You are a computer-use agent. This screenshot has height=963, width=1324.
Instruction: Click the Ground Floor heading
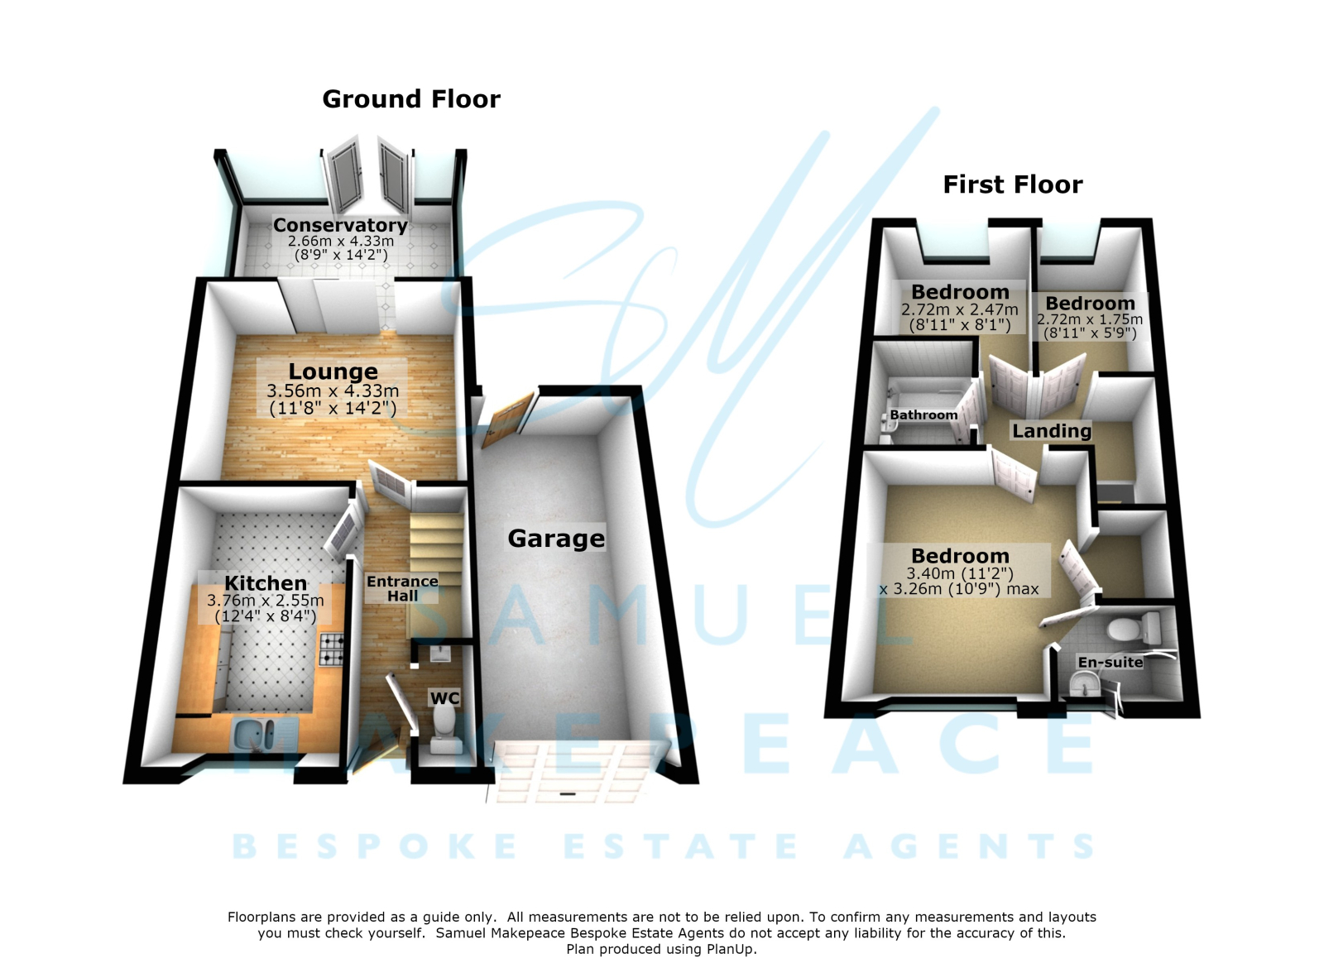tap(411, 99)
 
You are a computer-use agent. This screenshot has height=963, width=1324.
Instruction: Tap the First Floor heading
tap(1013, 185)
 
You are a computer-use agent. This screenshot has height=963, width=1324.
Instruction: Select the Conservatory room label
tap(340, 225)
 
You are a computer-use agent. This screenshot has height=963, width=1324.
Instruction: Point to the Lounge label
tap(333, 371)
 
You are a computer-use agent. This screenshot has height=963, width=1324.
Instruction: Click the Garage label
tap(556, 539)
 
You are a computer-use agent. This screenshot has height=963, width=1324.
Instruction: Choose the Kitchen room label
tap(266, 583)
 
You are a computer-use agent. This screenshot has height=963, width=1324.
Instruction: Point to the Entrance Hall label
tap(402, 588)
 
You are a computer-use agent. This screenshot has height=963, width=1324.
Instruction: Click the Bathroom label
tap(923, 415)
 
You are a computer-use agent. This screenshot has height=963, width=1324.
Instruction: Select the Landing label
tap(1052, 431)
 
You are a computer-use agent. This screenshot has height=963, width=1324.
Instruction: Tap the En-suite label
tap(1110, 663)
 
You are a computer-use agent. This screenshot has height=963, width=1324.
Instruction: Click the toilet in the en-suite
tap(1132, 629)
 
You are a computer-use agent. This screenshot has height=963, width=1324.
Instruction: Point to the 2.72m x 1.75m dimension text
tap(1089, 319)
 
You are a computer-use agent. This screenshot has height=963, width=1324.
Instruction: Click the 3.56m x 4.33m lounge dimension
tap(333, 391)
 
